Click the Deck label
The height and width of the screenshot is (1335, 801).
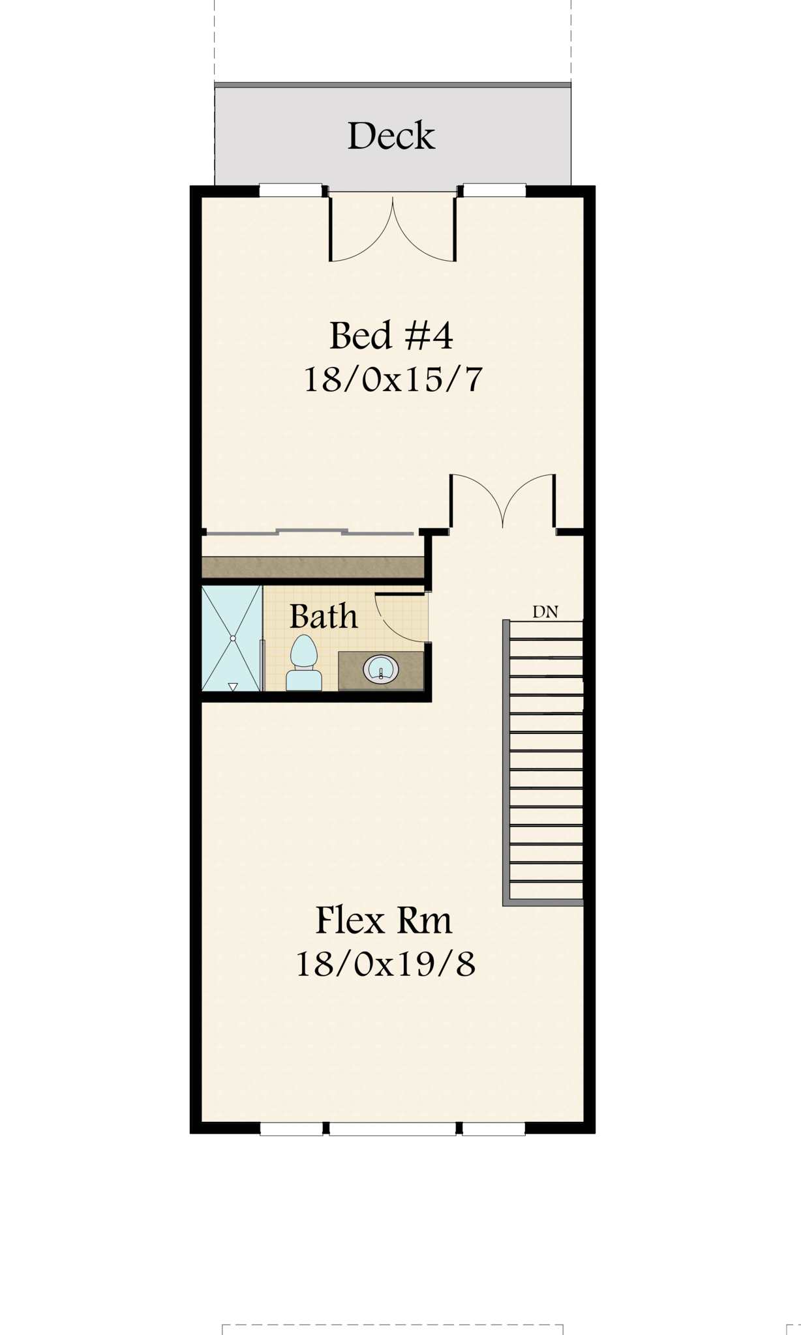391,136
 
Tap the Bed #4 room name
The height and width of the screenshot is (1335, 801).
391,335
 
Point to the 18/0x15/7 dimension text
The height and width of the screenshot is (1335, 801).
393,379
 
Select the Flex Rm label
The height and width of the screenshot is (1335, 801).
384,920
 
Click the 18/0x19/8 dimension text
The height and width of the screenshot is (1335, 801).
385,963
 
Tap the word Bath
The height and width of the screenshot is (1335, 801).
324,616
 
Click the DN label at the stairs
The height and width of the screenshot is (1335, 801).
545,612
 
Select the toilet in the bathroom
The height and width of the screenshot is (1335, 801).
304,662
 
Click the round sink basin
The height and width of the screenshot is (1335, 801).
381,670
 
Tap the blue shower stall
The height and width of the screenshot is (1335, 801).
232,638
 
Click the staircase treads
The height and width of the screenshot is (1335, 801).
546,760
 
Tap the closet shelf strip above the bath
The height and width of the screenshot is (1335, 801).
313,567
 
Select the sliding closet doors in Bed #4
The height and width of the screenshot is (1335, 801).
308,533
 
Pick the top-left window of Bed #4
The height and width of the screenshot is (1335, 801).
291,190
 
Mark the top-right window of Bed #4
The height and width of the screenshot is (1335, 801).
494,190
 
